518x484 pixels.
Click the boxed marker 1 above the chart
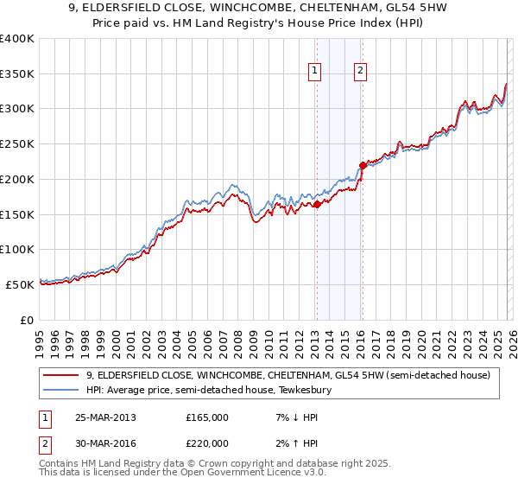point(315,73)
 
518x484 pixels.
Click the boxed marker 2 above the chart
point(360,73)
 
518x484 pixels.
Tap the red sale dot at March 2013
point(317,204)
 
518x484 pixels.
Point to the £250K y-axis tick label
point(17,144)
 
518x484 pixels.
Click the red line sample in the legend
point(62,375)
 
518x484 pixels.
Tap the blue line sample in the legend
point(62,390)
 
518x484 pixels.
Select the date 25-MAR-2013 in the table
point(105,417)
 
